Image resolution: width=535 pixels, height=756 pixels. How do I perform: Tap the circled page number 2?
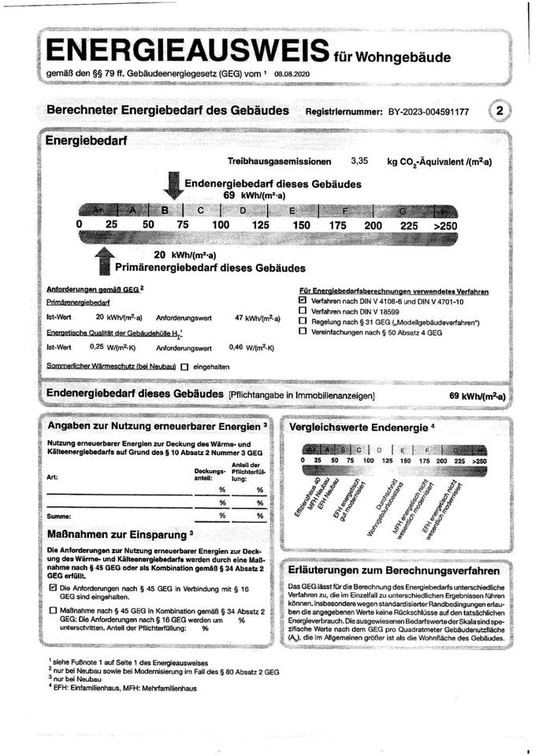[500, 111]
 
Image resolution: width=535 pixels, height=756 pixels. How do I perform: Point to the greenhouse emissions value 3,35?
[359, 161]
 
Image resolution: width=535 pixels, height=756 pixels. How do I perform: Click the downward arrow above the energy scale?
[171, 187]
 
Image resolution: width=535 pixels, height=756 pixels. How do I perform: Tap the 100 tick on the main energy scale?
[220, 225]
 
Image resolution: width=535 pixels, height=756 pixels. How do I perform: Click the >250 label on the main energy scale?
[445, 225]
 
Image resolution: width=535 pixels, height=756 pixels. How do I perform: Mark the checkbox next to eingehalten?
[184, 366]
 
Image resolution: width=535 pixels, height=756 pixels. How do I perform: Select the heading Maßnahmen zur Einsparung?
[116, 534]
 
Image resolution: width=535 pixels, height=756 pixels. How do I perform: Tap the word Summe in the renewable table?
[59, 516]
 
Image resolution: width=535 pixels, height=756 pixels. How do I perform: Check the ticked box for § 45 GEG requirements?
[53, 587]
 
